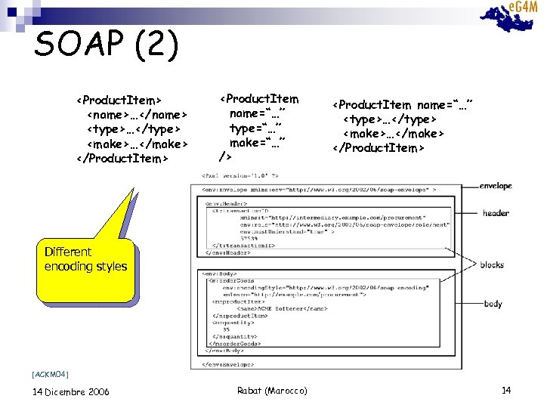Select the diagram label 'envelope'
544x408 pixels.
496,186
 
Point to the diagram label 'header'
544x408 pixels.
496,213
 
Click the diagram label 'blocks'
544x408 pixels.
491,264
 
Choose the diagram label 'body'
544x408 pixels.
493,304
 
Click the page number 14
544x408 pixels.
506,390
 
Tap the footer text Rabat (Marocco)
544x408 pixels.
271,391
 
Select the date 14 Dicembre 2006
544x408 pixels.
71,391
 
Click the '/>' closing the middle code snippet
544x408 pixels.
224,157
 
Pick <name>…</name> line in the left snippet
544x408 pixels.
136,114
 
